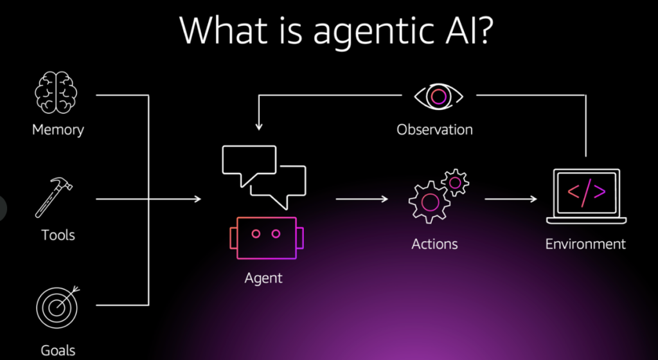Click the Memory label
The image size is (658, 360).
click(x=58, y=130)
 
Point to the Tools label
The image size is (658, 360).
click(x=58, y=235)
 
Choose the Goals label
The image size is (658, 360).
click(x=58, y=350)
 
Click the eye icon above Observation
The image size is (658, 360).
click(x=438, y=96)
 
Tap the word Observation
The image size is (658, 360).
click(x=434, y=129)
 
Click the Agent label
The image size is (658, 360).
click(x=263, y=278)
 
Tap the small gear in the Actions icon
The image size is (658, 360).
click(x=455, y=182)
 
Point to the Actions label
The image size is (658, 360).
click(x=435, y=244)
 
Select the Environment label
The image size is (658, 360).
click(x=585, y=244)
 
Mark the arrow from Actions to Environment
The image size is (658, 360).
click(x=511, y=199)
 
